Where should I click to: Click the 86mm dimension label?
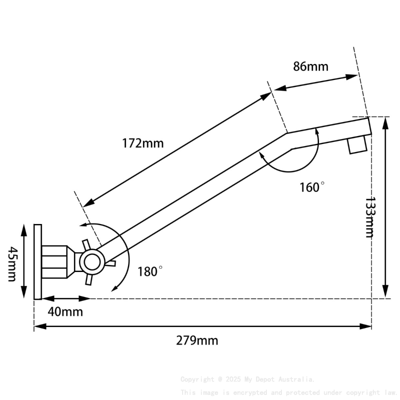(x=311, y=66)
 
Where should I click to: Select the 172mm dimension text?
(x=143, y=143)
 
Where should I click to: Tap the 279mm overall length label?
(x=197, y=340)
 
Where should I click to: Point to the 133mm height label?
(x=370, y=217)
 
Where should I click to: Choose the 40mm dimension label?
(x=65, y=312)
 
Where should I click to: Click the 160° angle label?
(x=312, y=187)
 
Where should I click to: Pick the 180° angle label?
(x=150, y=272)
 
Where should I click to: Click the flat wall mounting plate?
(x=38, y=261)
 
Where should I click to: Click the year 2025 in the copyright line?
(x=234, y=379)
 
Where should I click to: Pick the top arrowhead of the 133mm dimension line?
(x=385, y=120)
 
